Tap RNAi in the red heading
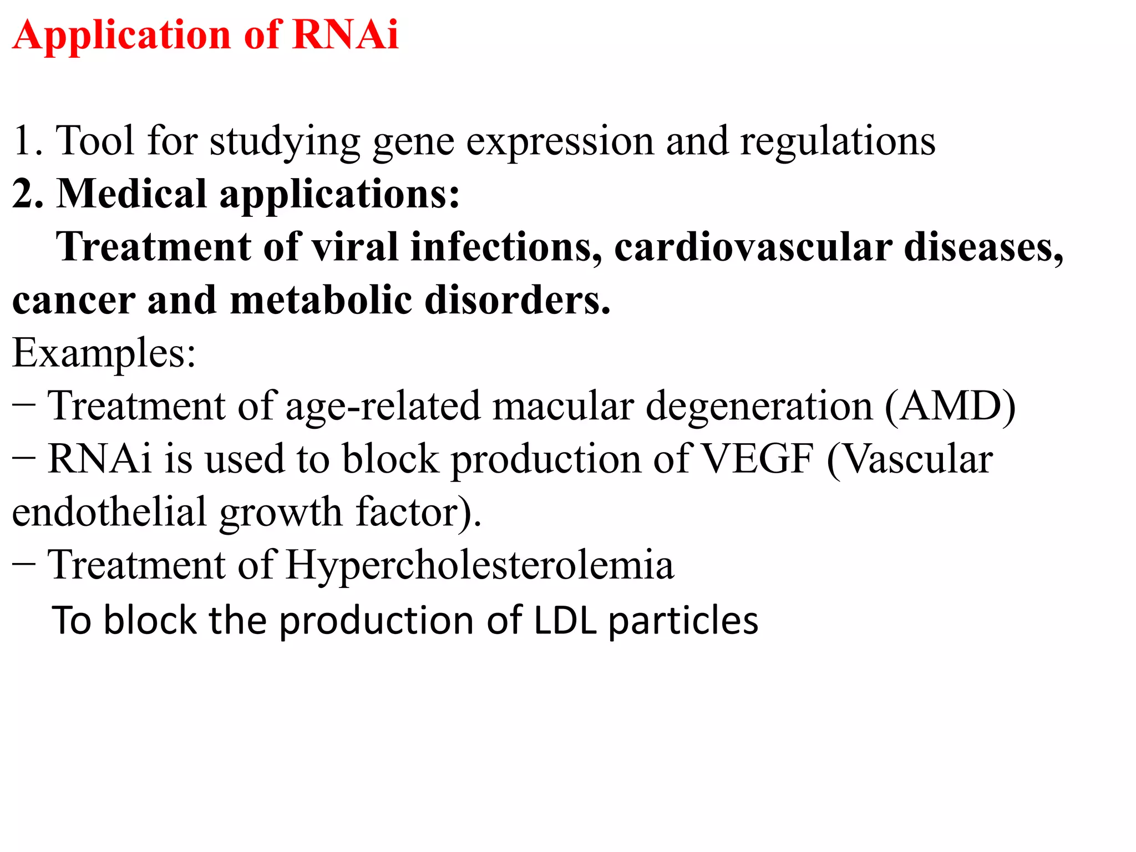(345, 35)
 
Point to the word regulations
(838, 142)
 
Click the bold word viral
(355, 247)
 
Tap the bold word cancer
(73, 301)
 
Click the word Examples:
(104, 353)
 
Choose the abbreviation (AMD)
(950, 406)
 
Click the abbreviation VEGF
(757, 459)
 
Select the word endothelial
(109, 512)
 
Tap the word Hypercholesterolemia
(480, 565)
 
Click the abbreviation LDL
(565, 620)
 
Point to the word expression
(560, 142)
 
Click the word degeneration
(759, 407)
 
